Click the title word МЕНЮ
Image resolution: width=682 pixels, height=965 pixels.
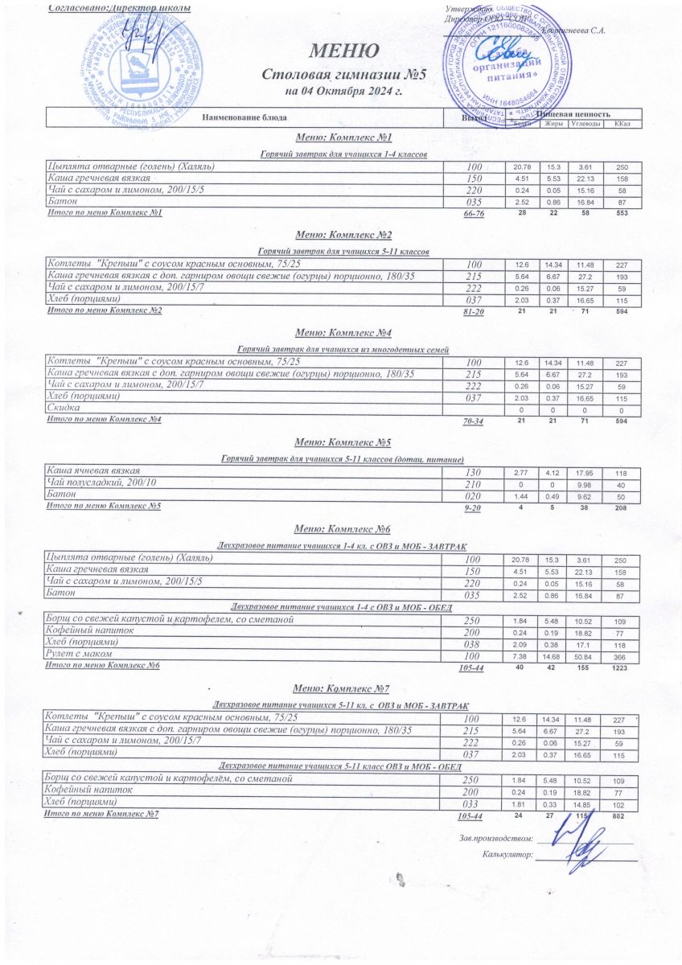[345, 51]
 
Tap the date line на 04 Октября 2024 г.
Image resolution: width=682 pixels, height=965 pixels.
[344, 91]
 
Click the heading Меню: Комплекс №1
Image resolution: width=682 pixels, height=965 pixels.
[343, 138]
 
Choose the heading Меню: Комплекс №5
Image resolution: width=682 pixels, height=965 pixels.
[343, 442]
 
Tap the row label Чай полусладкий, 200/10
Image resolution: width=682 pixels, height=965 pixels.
[101, 482]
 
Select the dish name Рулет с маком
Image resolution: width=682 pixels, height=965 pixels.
[80, 656]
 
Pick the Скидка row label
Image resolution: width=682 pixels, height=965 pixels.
[66, 409]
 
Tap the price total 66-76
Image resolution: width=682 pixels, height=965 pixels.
[472, 215]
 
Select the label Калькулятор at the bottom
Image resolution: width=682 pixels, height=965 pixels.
[507, 855]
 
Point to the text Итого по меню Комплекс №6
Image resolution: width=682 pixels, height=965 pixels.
[104, 666]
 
